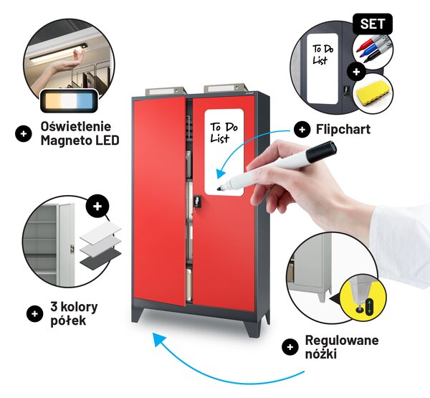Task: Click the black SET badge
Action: pos(373,24)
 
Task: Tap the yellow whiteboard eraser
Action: pos(373,93)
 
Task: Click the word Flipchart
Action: pos(343,129)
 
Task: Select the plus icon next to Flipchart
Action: pos(302,129)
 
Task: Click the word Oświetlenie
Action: pos(76,126)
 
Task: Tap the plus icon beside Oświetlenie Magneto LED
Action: pos(24,133)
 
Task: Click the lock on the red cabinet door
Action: pos(197,201)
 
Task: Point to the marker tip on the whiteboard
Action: pos(219,189)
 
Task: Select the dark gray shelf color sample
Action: pos(100,258)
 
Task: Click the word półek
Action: pos(68,321)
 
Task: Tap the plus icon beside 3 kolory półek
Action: pos(35,313)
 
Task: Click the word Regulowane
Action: pos(342,341)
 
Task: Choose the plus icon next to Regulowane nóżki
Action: pos(290,347)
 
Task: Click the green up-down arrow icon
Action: pos(369,306)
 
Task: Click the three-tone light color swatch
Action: pos(69,100)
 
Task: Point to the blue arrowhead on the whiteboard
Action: pos(220,174)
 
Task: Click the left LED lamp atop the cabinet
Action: pos(166,90)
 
